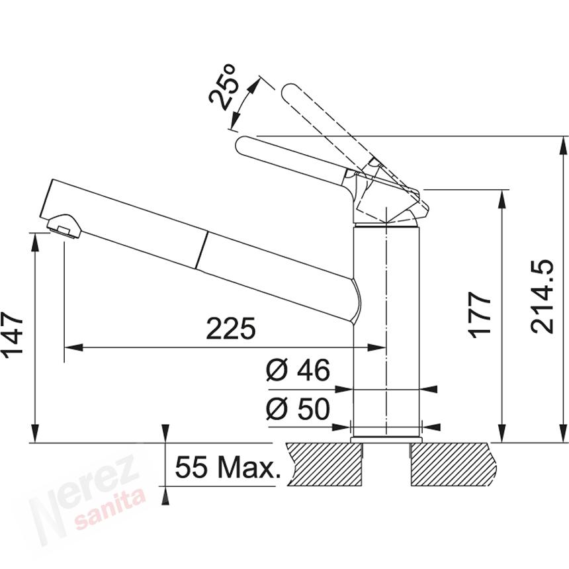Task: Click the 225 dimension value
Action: click(230, 328)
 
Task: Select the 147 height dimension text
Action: click(14, 335)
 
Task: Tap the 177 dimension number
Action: click(482, 314)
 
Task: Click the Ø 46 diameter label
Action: click(298, 371)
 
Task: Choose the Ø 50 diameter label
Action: click(298, 410)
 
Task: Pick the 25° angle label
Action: click(223, 87)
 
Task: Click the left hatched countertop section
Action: click(324, 463)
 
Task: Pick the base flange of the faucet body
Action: click(386, 438)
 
